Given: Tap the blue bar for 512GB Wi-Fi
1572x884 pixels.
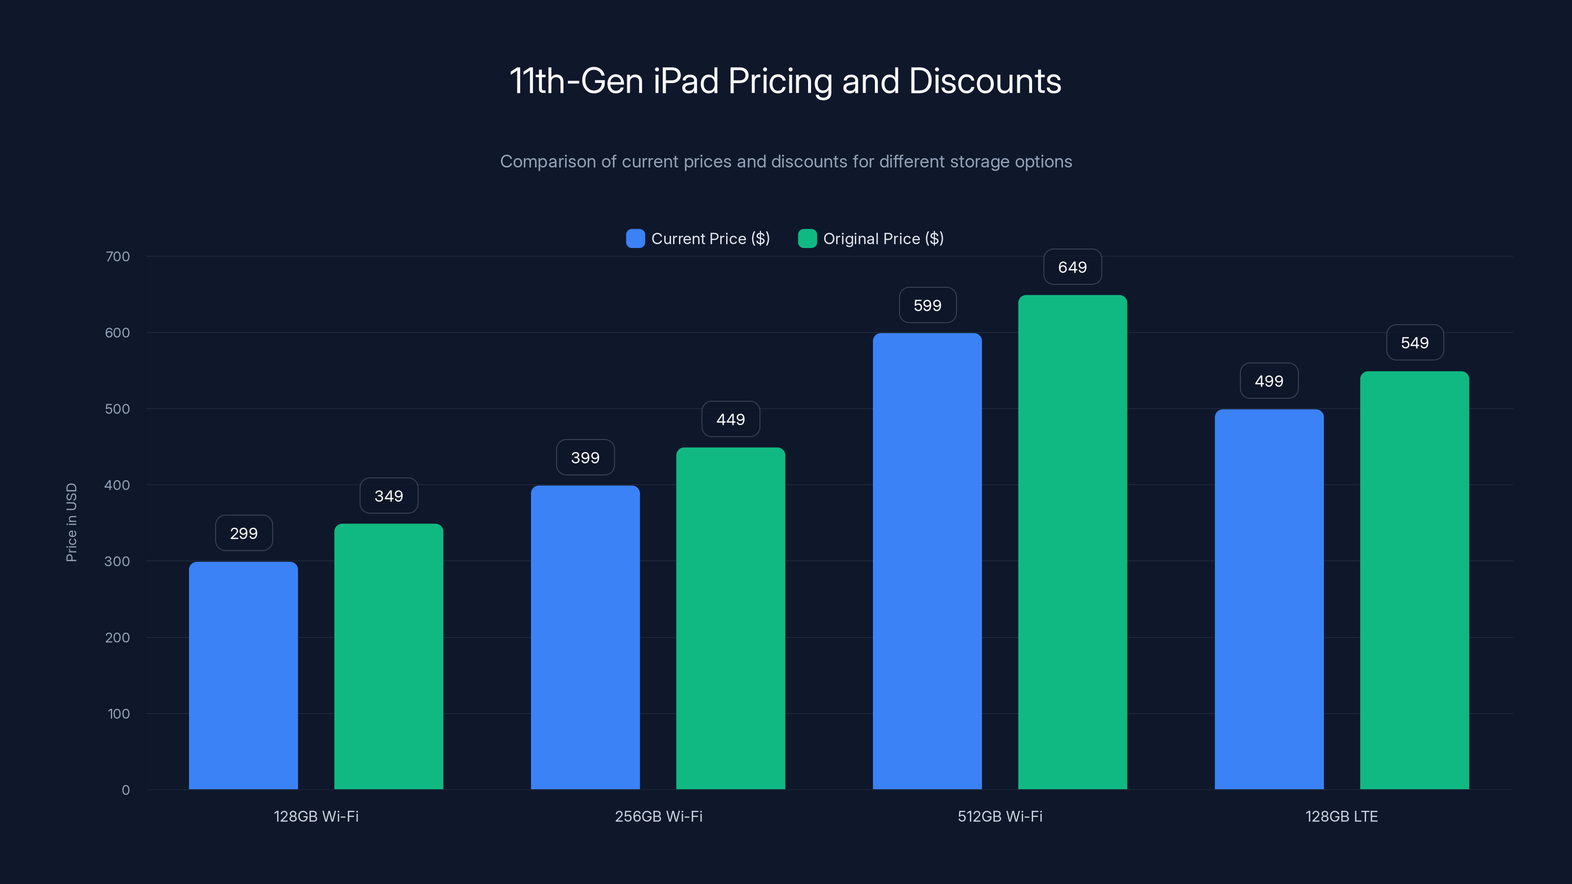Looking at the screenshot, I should click(x=927, y=561).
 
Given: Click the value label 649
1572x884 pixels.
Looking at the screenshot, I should click(x=1072, y=267).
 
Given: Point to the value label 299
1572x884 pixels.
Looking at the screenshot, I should click(x=244, y=533).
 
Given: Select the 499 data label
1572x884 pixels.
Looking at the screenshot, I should click(x=1269, y=381).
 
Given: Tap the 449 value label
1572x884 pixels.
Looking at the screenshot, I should click(x=730, y=419).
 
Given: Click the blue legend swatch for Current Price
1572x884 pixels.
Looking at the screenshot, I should click(x=635, y=239).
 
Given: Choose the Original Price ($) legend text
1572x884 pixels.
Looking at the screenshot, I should click(x=883, y=239).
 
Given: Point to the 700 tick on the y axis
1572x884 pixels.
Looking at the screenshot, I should click(x=117, y=256).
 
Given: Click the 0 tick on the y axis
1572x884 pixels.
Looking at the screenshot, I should click(x=126, y=790).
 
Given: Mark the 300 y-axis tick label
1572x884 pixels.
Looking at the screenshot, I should click(x=117, y=561).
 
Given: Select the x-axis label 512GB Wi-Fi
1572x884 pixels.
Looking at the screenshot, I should click(x=1000, y=816).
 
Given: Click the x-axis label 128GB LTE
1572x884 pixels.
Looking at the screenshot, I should click(x=1341, y=816).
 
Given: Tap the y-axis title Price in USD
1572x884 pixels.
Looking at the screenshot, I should click(x=71, y=522).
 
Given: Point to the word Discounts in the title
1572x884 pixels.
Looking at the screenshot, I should click(x=984, y=81).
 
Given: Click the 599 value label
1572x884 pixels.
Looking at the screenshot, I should click(x=927, y=305).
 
